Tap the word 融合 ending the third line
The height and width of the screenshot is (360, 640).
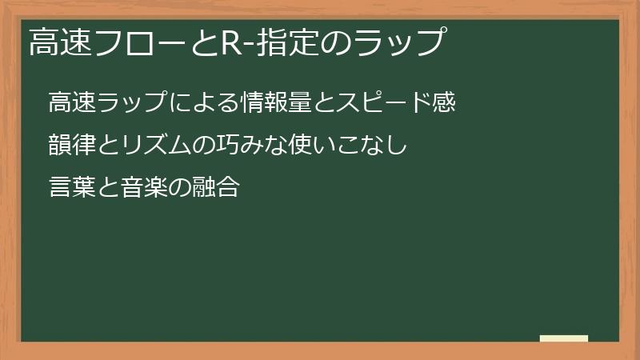[x=218, y=189]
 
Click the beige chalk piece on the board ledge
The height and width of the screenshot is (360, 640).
[x=564, y=338]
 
